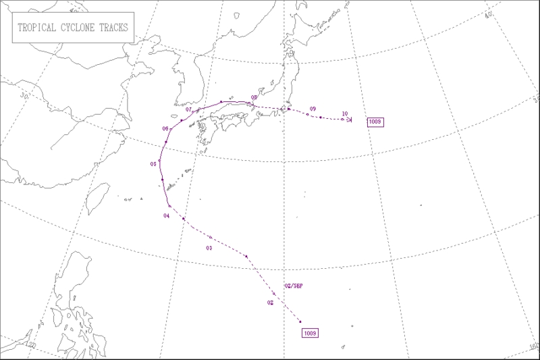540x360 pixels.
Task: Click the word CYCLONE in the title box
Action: [74, 29]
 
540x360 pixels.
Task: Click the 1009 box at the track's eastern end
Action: [375, 122]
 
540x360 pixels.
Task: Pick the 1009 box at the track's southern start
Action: [310, 332]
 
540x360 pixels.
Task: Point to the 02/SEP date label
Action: [294, 286]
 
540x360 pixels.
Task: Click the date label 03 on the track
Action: [209, 249]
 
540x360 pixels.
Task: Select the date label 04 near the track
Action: [166, 215]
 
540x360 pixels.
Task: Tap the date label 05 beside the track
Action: [153, 163]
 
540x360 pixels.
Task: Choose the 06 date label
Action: [165, 128]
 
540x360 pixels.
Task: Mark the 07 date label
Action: [189, 109]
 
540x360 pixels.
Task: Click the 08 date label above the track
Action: [254, 98]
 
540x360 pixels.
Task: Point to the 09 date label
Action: [313, 109]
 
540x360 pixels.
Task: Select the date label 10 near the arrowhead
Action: [344, 113]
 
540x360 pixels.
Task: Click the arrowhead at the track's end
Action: [350, 120]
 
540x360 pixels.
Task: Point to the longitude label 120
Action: [31, 344]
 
